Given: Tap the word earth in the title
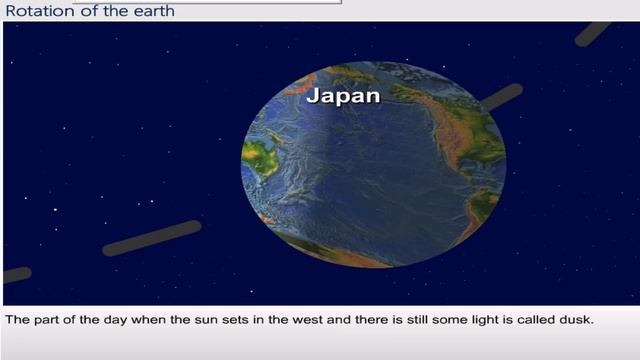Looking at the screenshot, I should [153, 11].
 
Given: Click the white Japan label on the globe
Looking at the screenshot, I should [343, 96].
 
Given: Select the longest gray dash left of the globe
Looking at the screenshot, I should [152, 238].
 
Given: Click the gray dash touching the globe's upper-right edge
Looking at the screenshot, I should [502, 97].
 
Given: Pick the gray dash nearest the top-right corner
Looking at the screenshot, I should [592, 33].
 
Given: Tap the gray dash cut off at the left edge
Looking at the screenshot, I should [16, 274].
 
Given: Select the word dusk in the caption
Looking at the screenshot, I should [577, 321].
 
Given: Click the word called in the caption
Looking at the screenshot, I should [529, 321].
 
